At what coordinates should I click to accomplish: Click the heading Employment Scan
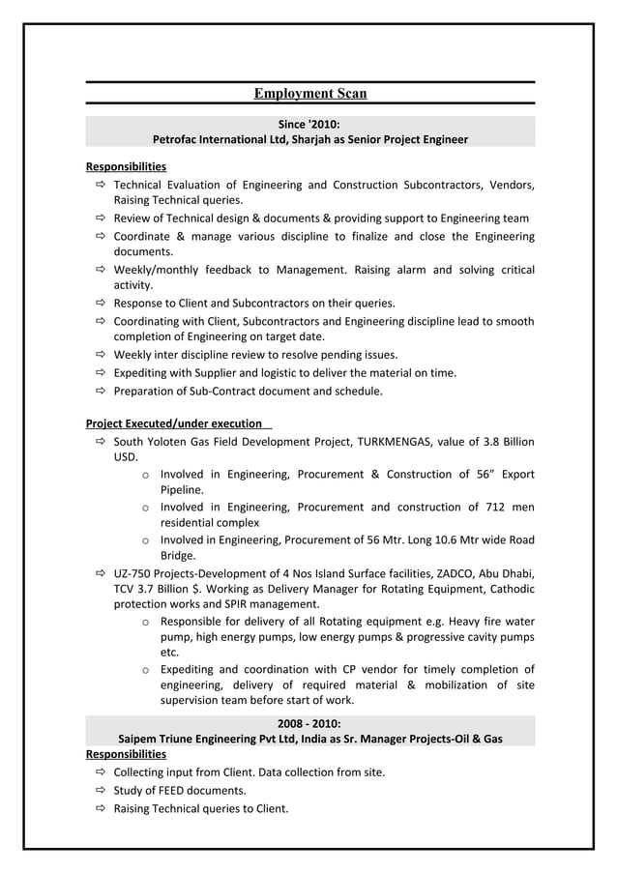tap(309, 94)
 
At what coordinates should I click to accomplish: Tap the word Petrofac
tap(177, 139)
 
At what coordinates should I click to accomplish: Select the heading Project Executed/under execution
tap(174, 423)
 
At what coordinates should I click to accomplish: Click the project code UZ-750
tap(132, 573)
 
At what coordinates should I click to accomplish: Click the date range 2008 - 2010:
tap(309, 723)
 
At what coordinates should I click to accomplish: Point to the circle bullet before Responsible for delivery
tap(144, 622)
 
